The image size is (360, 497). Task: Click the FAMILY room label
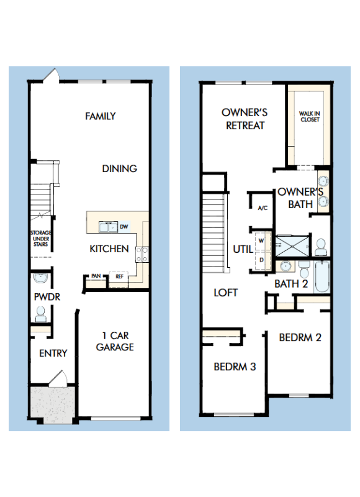(101, 116)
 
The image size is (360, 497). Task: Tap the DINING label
(119, 168)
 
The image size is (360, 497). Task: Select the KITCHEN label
(109, 248)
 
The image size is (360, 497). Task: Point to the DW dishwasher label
(124, 226)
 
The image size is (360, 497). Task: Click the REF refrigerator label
(119, 276)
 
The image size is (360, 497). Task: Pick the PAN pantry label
(96, 276)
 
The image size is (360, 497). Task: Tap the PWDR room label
(47, 296)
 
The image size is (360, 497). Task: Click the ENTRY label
(53, 353)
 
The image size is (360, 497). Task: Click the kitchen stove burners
(142, 253)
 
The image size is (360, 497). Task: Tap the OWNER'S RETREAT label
(245, 119)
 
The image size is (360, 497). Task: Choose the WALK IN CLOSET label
(309, 116)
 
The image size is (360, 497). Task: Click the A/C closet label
(262, 207)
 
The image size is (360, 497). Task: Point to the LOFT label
(226, 292)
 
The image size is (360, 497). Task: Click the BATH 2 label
(292, 284)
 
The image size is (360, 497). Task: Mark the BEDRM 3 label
(235, 367)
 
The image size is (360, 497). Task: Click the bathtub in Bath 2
(322, 278)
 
